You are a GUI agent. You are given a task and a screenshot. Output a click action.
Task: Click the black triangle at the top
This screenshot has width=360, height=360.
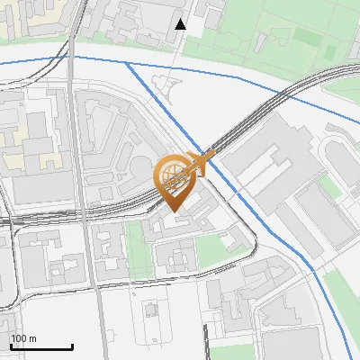[181, 24]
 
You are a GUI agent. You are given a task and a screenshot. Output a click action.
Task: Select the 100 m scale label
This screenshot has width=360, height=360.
[23, 338]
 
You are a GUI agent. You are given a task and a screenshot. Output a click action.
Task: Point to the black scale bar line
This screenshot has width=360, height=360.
[41, 346]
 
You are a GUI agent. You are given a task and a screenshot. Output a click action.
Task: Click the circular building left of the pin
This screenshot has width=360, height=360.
[138, 168]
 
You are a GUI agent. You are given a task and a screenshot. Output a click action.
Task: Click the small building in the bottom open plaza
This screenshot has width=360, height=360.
[151, 310]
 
